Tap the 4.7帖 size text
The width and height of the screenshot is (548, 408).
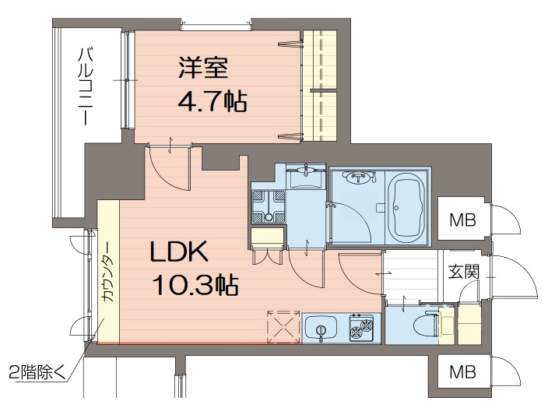click(x=213, y=100)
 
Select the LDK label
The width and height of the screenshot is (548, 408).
click(x=179, y=251)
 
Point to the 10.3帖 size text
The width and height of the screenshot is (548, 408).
click(x=195, y=284)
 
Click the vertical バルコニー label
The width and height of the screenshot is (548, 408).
click(x=86, y=86)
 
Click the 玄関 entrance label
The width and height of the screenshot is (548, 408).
click(x=463, y=271)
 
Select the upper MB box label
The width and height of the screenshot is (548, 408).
click(x=462, y=220)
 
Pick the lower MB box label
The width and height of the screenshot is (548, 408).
click(x=462, y=372)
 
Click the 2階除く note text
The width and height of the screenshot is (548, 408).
click(x=37, y=372)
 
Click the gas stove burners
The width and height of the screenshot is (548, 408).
click(x=361, y=328)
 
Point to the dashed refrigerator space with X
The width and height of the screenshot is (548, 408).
click(x=283, y=327)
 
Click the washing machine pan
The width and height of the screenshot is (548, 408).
click(x=269, y=206)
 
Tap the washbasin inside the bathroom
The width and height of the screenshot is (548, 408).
click(x=357, y=178)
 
